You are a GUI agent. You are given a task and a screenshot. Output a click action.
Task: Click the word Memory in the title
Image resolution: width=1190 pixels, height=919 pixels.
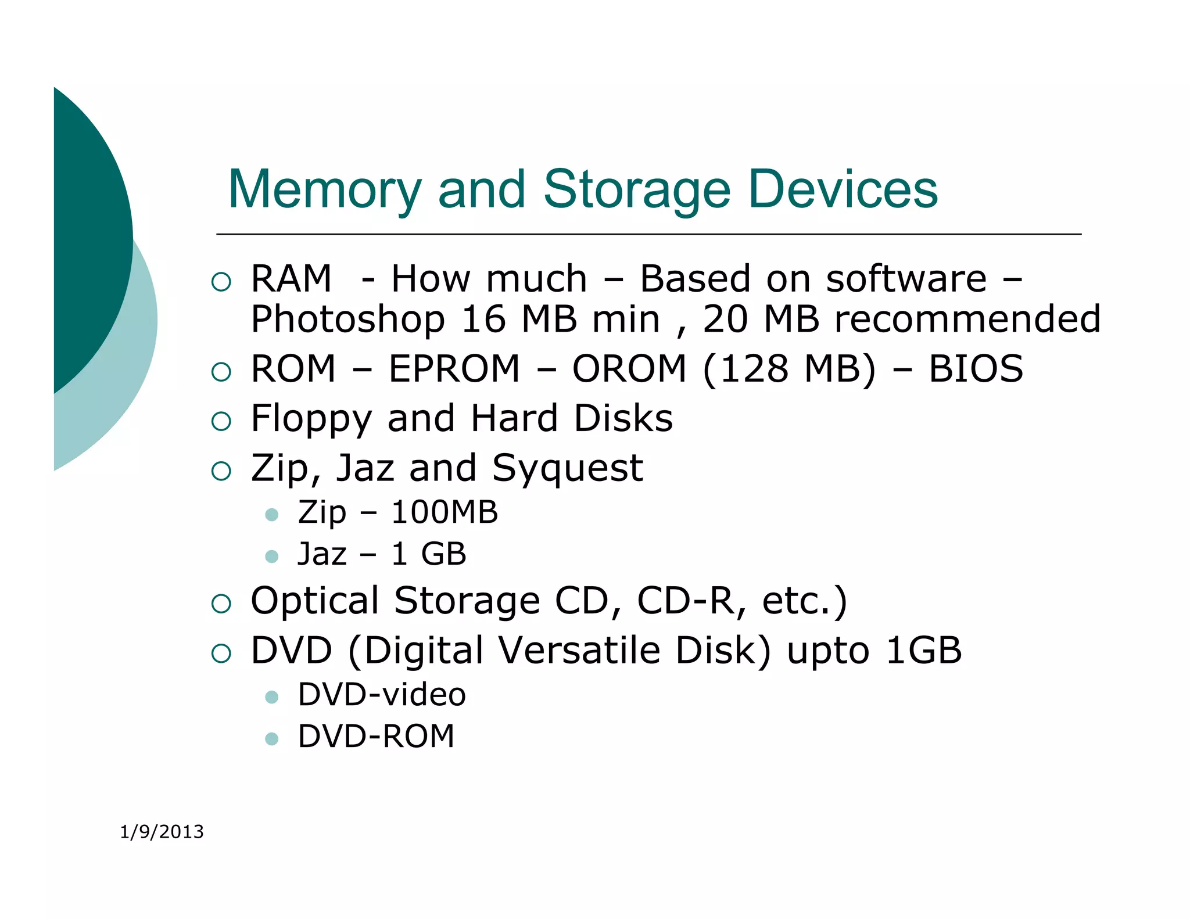[324, 189]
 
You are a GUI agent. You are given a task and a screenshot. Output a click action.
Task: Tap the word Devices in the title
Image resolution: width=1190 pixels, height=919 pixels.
[843, 189]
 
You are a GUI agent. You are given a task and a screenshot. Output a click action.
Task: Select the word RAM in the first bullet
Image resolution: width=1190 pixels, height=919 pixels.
[291, 279]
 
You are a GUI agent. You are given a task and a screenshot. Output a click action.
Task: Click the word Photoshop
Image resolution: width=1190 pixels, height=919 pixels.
[348, 320]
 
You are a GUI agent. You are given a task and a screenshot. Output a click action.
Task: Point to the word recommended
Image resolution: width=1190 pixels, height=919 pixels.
[967, 320]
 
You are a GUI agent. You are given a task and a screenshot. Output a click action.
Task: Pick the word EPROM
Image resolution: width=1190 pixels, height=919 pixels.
[454, 369]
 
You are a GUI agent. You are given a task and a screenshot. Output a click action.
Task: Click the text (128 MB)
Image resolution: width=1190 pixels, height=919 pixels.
[788, 369]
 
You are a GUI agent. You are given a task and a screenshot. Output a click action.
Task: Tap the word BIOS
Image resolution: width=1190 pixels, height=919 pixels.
[976, 369]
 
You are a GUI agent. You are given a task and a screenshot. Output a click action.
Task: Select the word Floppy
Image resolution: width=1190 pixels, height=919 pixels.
[311, 419]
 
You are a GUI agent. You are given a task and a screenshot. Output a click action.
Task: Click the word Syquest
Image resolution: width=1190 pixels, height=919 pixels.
[567, 469]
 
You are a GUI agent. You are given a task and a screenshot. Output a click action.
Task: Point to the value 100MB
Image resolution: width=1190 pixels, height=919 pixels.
[445, 512]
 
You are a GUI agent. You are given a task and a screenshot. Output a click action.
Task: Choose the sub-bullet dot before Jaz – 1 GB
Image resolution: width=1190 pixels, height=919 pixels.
[271, 557]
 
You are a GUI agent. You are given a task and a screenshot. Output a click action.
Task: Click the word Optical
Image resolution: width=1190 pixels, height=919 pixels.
[314, 601]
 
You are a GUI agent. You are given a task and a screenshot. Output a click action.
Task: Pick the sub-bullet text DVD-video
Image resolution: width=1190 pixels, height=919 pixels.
[382, 695]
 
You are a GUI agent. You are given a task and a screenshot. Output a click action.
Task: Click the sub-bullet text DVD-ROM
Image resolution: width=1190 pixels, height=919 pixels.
[376, 737]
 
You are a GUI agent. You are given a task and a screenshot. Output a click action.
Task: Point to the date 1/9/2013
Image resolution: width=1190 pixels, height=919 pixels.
[162, 832]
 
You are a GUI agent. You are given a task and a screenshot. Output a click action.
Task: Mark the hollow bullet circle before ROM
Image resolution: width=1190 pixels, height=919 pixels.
[221, 372]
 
